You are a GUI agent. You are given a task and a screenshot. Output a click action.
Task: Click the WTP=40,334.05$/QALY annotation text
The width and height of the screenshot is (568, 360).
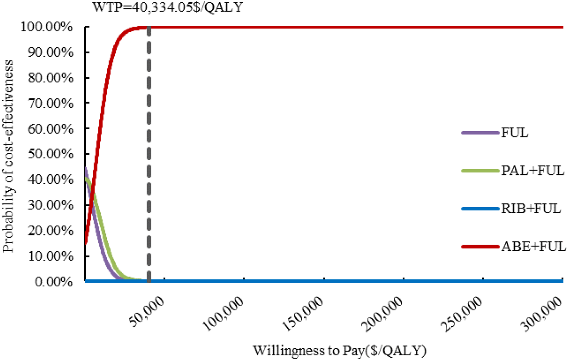(x=168, y=7)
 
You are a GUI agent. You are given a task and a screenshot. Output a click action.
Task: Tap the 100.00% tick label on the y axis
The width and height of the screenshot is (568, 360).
(x=47, y=27)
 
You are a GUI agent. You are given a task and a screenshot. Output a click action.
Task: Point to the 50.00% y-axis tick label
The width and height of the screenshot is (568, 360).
(x=50, y=154)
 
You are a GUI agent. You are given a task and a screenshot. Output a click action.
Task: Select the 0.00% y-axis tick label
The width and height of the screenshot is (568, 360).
(x=54, y=282)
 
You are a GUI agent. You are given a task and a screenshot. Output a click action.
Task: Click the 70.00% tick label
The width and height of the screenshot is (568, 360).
(x=50, y=103)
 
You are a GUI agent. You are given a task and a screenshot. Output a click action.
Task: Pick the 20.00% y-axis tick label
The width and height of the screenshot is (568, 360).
(x=50, y=231)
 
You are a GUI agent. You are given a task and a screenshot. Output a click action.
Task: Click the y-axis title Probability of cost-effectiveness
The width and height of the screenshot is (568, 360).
(x=8, y=156)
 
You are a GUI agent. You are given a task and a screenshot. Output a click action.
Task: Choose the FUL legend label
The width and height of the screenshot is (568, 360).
(x=514, y=133)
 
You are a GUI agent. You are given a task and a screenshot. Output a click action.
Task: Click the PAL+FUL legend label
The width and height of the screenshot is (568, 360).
(x=532, y=170)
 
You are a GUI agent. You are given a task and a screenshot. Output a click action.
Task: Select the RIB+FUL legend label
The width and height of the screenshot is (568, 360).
(x=531, y=208)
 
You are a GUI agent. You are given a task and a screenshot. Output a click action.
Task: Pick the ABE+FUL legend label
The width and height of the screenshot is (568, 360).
(x=533, y=246)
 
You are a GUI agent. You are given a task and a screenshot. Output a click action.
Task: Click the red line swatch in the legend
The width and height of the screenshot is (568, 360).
(x=480, y=247)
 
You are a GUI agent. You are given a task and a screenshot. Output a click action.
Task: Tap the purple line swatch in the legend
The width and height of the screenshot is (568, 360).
(x=480, y=133)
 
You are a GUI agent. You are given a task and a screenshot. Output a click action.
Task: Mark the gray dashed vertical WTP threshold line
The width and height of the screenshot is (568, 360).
(x=149, y=157)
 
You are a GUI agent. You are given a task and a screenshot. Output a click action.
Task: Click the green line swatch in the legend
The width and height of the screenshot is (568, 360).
(x=480, y=171)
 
